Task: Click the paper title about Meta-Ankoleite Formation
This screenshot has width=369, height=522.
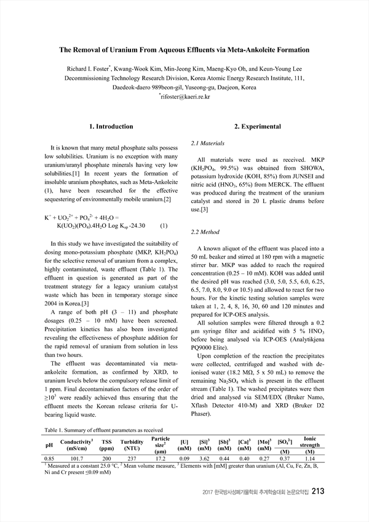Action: point(184,50)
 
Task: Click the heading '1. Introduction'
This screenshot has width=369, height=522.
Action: point(111,127)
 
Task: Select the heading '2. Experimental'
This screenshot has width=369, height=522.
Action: point(258,127)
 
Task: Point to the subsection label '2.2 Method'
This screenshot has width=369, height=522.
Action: point(205,232)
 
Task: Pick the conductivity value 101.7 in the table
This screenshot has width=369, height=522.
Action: point(77,459)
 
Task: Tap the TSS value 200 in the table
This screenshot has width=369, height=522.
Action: point(107,459)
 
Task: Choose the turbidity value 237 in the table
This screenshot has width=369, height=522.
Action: point(130,459)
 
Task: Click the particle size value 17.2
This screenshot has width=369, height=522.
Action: point(160,459)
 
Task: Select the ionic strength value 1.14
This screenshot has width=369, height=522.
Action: point(311,459)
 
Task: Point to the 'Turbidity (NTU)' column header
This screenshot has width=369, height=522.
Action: point(130,444)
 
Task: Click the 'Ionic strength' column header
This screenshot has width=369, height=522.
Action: point(311,441)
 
